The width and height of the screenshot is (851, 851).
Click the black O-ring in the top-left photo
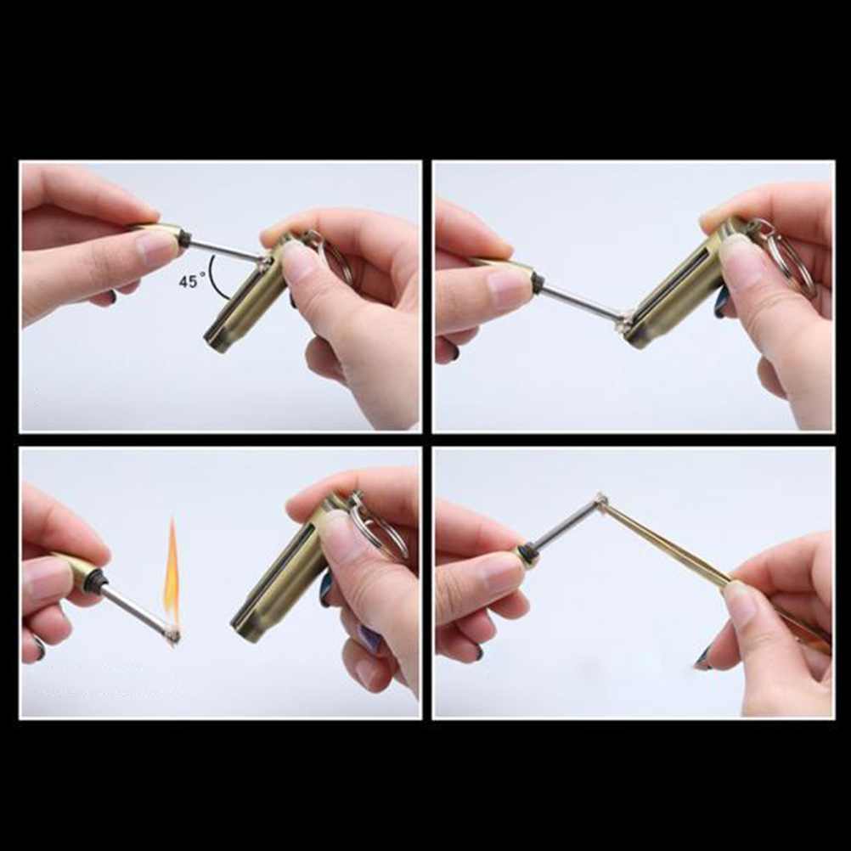(184, 239)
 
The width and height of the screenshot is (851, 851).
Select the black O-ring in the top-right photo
(537, 281)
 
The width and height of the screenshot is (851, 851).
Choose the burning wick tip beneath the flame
(172, 634)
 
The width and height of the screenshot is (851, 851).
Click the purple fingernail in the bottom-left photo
(370, 638)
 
